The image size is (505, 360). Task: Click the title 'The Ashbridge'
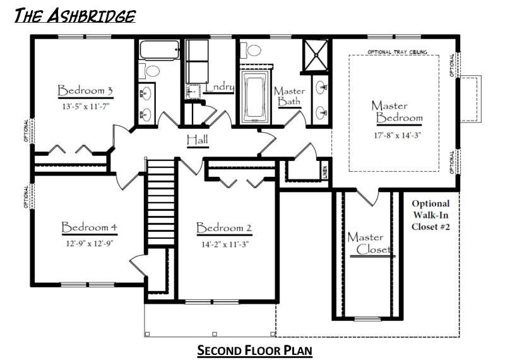[74, 15]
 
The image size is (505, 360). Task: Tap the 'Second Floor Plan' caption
[254, 349]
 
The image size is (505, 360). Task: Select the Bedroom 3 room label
[85, 90]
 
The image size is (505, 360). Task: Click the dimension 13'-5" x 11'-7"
[85, 107]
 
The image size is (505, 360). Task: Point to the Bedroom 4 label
[90, 227]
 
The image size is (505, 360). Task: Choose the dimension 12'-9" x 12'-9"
[90, 243]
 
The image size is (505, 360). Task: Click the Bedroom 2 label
[224, 228]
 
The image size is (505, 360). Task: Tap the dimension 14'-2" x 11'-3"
[224, 244]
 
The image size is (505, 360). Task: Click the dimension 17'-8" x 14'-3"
[396, 134]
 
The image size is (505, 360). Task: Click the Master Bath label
[290, 96]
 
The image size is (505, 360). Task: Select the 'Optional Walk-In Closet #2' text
[431, 215]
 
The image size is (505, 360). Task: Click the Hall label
[197, 140]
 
